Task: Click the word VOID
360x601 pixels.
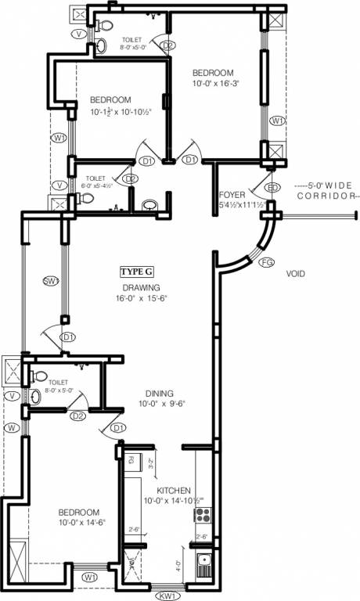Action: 295,274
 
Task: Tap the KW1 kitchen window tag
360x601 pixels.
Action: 167,596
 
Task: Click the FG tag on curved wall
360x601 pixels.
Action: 266,261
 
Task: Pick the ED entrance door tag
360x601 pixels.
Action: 272,188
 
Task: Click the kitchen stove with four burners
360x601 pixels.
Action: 203,515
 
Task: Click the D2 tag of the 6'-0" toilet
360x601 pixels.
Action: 131,179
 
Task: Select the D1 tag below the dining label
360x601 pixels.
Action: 118,427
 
